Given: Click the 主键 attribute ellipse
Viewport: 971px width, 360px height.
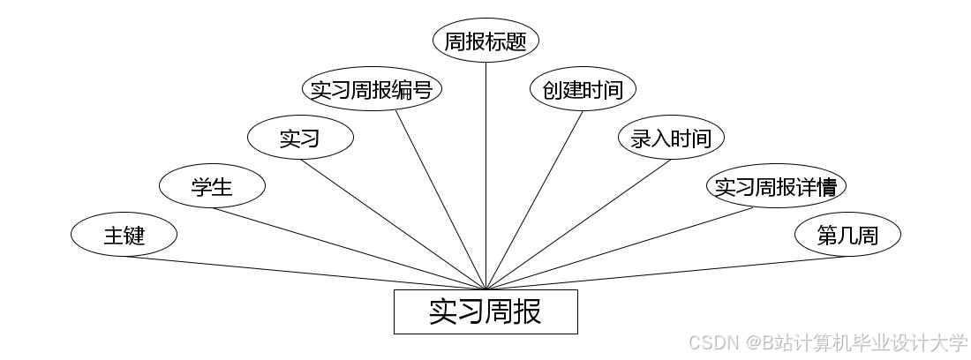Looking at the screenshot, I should pos(124,236).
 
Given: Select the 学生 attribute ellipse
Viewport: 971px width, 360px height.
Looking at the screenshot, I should pos(212,186).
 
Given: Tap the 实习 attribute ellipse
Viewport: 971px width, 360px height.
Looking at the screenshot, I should pos(300,138).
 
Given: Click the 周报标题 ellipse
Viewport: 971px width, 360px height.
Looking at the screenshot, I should pos(485,41).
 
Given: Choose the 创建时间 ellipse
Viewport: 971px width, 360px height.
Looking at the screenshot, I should pos(583,89).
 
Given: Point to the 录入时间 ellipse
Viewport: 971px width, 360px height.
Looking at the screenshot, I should pos(671,138).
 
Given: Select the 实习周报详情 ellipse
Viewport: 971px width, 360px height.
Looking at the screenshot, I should pos(776,186).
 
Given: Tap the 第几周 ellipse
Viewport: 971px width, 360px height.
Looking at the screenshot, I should pos(847,236).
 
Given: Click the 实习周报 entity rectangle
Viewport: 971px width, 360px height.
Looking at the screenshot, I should pos(485,311).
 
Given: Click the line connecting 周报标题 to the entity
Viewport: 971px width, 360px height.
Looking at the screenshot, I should pos(485,176).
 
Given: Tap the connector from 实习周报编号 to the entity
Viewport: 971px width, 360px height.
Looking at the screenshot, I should pos(440,199).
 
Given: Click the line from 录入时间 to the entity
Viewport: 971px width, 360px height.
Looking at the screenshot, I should pos(578,224).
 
